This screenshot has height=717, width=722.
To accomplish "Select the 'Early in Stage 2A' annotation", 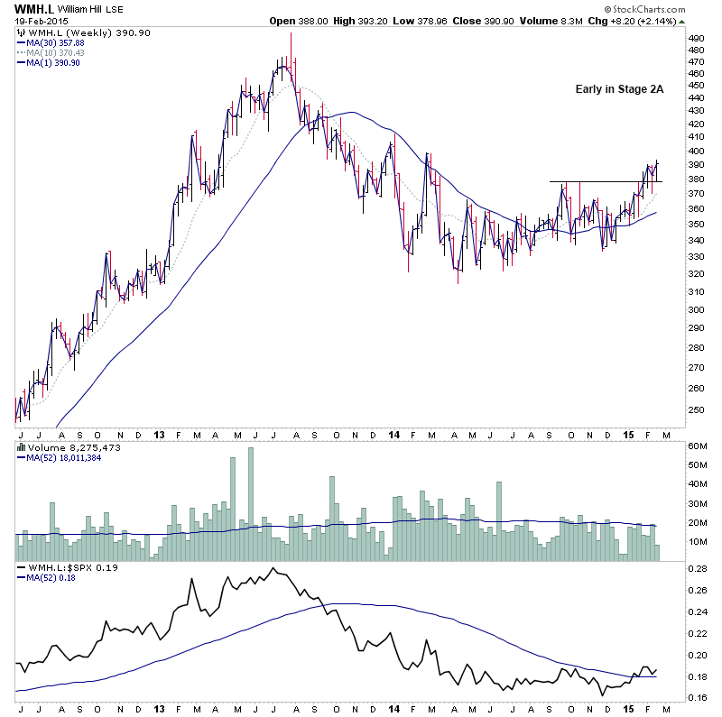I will click(x=619, y=89).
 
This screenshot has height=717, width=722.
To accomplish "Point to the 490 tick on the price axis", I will click(x=696, y=39).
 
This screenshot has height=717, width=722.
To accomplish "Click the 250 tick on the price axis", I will click(x=696, y=409).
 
